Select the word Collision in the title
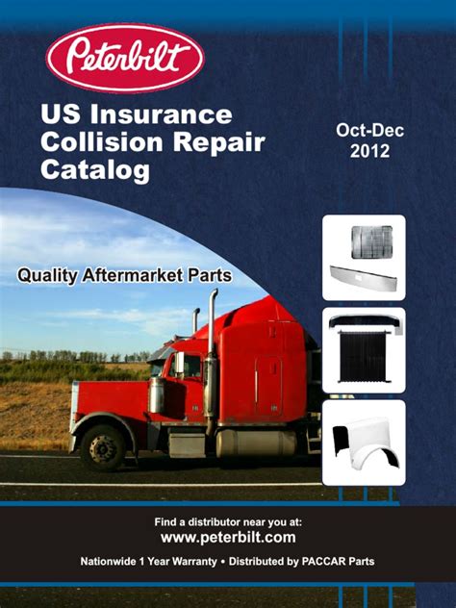point(101,143)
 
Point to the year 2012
point(369,151)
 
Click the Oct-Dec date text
point(369,130)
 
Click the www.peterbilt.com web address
point(227,538)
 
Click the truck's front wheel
point(102,446)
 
